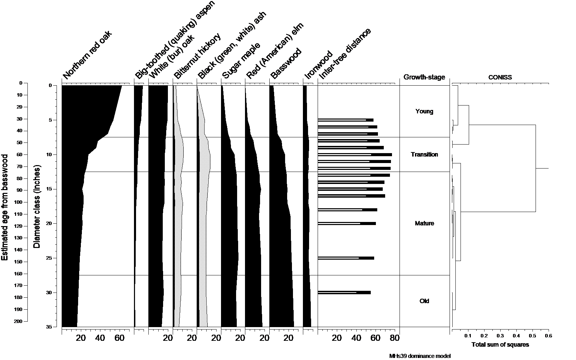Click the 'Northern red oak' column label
[87, 55]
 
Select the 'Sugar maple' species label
[241, 61]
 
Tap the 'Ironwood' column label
[318, 65]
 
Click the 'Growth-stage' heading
[424, 77]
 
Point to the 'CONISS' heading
[500, 77]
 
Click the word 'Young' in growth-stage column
[424, 111]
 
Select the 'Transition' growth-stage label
[424, 154]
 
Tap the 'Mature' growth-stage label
[424, 223]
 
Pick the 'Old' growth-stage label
[424, 301]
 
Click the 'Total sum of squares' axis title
[500, 345]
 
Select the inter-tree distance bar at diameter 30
[344, 293]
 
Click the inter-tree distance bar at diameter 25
[346, 258]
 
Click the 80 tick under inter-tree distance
[395, 338]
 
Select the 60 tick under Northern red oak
[119, 338]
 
